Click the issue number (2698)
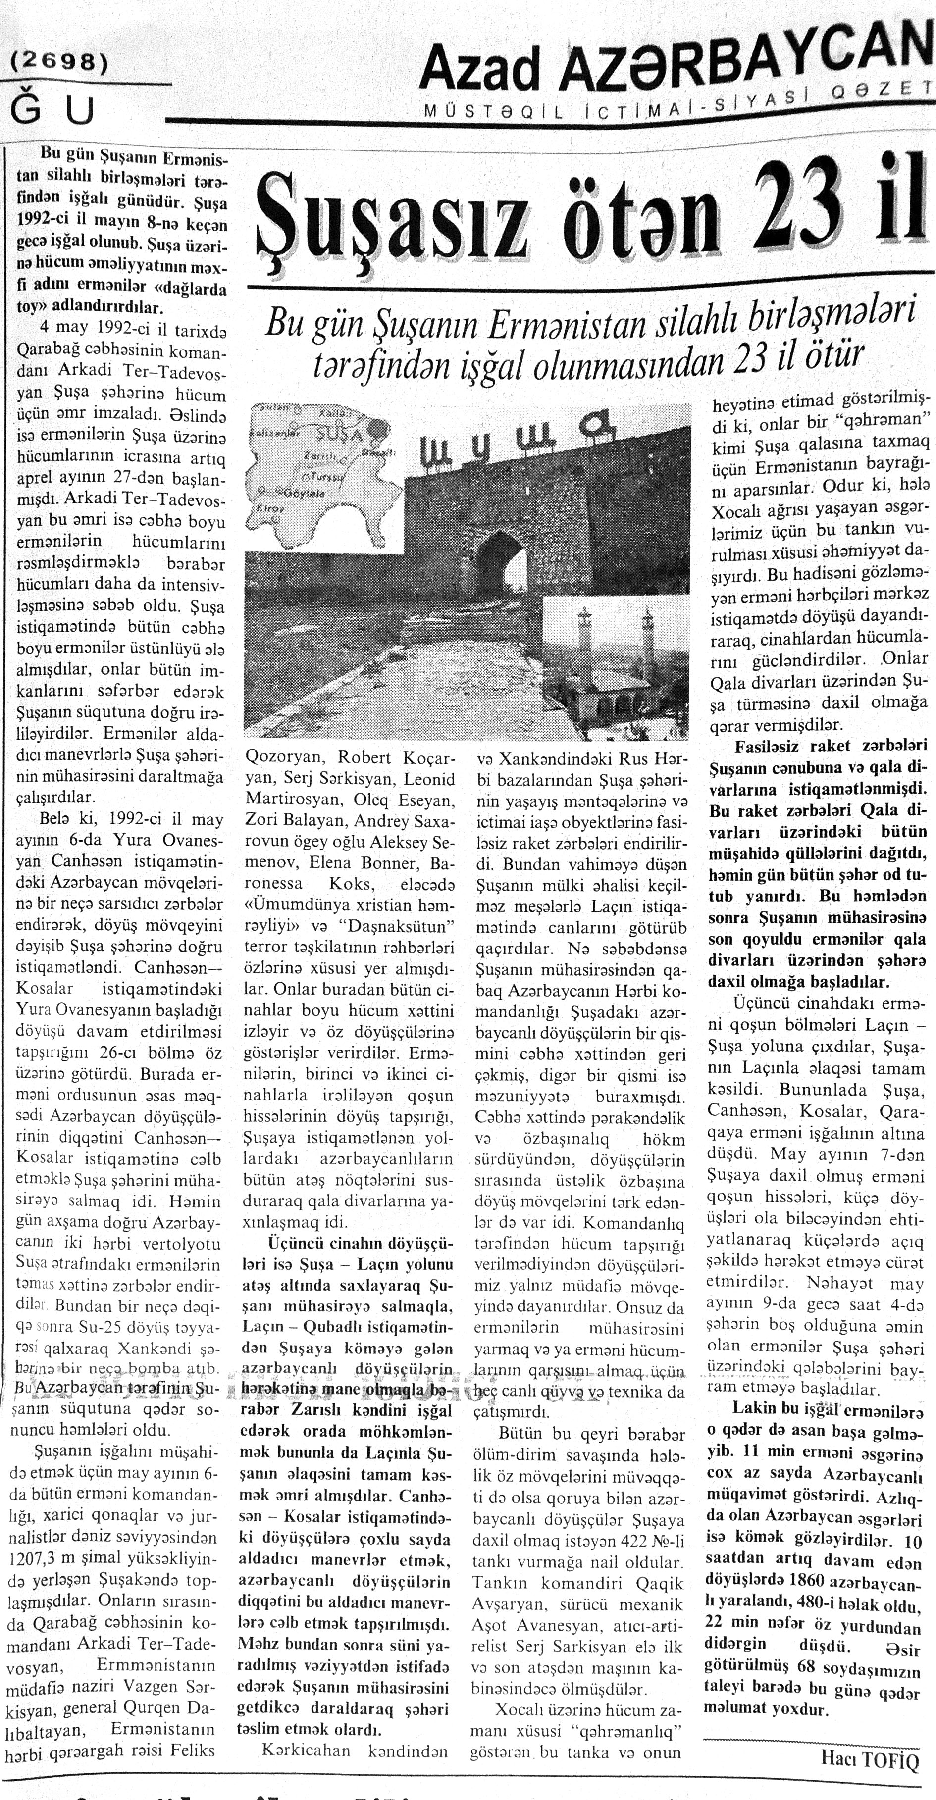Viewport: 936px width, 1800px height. click(x=60, y=63)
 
